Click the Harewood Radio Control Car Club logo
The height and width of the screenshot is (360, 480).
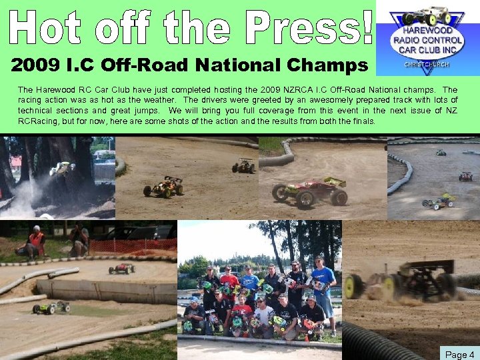pos(427,37)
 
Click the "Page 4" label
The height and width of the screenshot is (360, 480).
pos(459,354)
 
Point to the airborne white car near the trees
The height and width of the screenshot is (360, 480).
pos(61,168)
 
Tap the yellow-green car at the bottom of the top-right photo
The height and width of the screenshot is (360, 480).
pos(440,200)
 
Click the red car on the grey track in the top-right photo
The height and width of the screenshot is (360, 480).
pos(465,176)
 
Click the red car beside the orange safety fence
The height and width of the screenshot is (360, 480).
pos(121,268)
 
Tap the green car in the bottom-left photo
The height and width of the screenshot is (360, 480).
pos(51,307)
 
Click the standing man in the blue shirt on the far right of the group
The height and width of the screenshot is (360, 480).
pos(324,287)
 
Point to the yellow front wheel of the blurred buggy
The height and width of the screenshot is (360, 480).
pos(353,287)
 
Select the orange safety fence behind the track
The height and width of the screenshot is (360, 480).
pos(133,246)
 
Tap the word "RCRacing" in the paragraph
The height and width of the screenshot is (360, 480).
pos(41,121)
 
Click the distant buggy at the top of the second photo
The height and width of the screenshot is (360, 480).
pos(244,165)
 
